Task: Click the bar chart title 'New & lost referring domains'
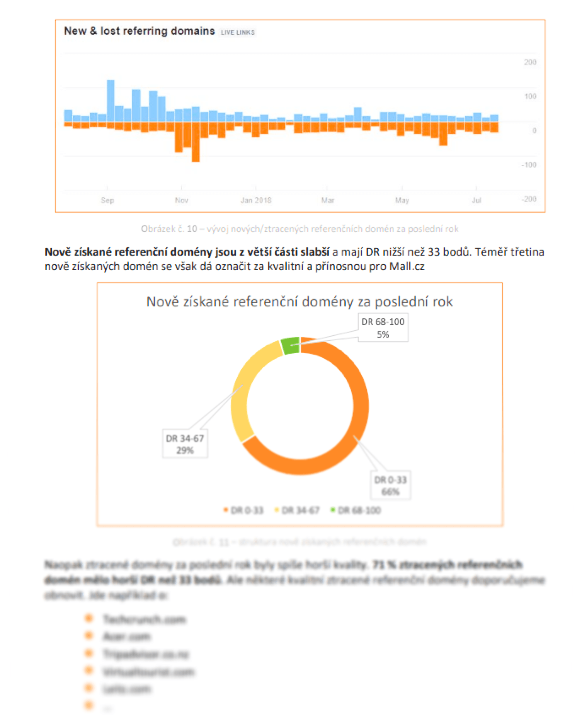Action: click(139, 31)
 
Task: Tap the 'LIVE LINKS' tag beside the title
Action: click(237, 32)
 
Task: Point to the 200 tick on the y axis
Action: click(530, 62)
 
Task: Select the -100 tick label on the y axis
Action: click(529, 165)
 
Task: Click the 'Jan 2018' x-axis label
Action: click(256, 200)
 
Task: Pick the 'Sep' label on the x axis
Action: click(107, 200)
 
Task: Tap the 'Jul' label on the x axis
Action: click(476, 200)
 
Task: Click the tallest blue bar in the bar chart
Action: click(111, 101)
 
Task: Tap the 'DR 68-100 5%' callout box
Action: click(383, 328)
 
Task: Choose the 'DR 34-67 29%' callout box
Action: click(185, 444)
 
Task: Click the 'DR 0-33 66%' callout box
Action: click(390, 485)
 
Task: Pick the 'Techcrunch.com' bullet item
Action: click(144, 619)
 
